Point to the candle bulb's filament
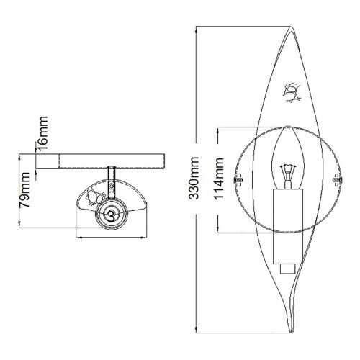tap(288, 173)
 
